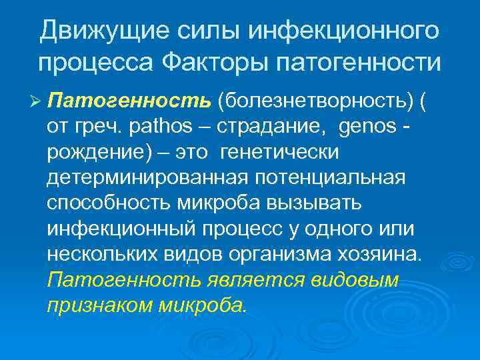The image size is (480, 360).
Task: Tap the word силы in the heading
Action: [x=199, y=30]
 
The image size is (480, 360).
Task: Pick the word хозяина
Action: [x=376, y=255]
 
